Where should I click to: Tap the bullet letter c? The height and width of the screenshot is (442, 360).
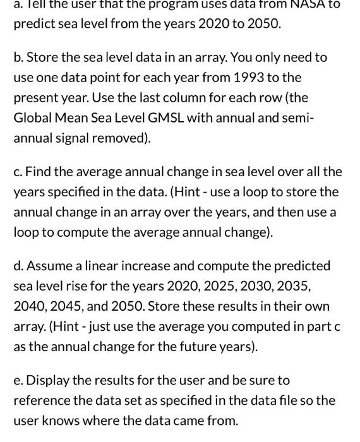[17, 172]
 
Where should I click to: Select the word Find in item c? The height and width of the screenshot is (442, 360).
[39, 172]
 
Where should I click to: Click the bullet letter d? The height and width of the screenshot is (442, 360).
[18, 266]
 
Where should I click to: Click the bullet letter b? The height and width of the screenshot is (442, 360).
[18, 57]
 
